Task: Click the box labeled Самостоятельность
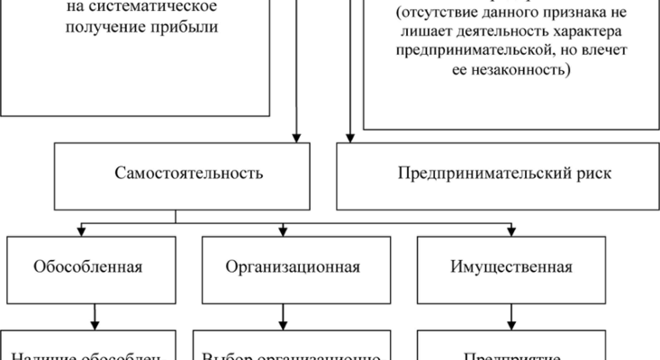tap(189, 174)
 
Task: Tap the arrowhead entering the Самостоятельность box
tap(294, 138)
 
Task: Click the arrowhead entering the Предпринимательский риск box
tap(349, 138)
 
